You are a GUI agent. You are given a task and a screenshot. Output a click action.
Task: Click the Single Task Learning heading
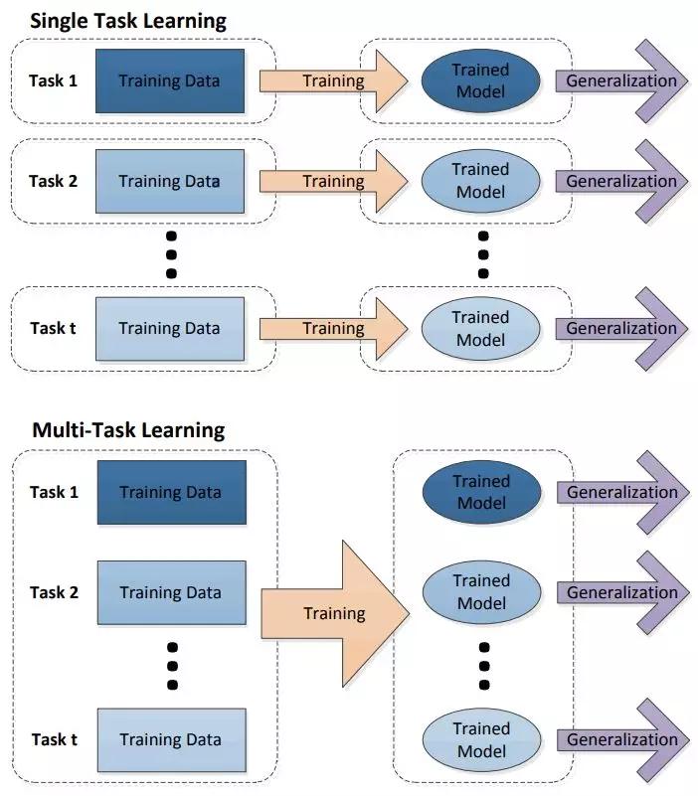click(x=129, y=20)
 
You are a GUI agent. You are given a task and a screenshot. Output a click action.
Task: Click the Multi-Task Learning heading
click(x=128, y=430)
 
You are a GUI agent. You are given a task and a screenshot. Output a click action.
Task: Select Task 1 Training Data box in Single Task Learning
click(x=170, y=81)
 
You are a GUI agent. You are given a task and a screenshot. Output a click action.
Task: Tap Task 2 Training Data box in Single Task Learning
click(x=170, y=181)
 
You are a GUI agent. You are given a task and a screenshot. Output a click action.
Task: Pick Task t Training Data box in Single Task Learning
click(x=170, y=329)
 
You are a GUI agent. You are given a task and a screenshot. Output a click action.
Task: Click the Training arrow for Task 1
click(x=334, y=81)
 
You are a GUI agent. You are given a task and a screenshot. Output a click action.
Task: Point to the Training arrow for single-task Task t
click(x=334, y=329)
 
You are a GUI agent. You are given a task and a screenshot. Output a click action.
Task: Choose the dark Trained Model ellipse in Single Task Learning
click(x=480, y=81)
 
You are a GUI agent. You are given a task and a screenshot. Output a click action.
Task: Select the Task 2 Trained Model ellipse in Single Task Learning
click(x=480, y=181)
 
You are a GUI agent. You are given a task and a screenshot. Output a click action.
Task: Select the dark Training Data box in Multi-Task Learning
click(x=171, y=493)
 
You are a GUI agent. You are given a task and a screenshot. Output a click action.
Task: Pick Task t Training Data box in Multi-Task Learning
click(x=171, y=739)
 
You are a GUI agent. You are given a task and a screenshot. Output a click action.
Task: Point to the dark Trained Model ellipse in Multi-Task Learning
click(x=481, y=493)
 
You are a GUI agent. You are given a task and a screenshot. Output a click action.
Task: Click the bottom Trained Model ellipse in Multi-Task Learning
click(x=481, y=739)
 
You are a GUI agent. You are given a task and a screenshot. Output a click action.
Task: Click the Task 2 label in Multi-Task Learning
click(x=55, y=593)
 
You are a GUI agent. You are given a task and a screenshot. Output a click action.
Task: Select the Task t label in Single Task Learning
click(x=54, y=329)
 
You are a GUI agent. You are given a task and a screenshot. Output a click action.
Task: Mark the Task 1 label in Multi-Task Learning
click(x=55, y=492)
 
